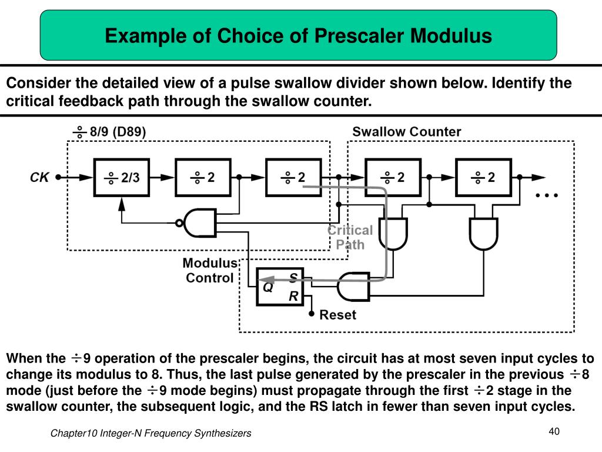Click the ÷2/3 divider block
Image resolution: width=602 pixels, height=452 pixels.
(x=122, y=177)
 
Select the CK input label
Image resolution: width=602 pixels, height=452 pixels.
(x=39, y=177)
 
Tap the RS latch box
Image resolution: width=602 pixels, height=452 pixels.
(x=280, y=285)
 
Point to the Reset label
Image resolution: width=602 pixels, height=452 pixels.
(x=337, y=315)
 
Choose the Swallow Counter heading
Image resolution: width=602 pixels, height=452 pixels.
(x=406, y=131)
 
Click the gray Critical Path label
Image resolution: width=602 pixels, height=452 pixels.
(x=350, y=237)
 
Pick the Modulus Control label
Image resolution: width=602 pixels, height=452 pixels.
(x=210, y=271)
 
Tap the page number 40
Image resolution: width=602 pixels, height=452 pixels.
(x=553, y=431)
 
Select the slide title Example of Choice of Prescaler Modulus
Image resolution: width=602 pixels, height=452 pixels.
(x=298, y=36)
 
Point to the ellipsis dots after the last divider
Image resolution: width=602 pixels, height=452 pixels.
(x=546, y=195)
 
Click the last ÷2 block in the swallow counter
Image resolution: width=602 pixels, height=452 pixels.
(x=483, y=177)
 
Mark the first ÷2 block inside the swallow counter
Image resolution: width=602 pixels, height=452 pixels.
(x=393, y=177)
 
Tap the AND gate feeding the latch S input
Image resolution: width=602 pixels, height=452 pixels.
(x=354, y=287)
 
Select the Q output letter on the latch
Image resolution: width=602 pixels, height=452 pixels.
(x=267, y=287)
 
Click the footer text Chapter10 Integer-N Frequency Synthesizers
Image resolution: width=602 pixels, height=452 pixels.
(x=150, y=433)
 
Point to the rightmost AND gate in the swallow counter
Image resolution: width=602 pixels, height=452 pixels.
(x=484, y=234)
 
